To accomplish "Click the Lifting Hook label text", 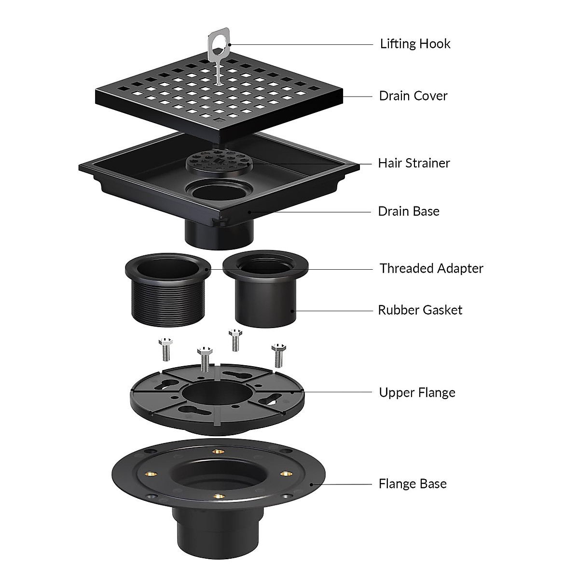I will tap(415, 44).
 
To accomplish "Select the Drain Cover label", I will tap(413, 96).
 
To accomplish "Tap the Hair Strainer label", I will tap(414, 163).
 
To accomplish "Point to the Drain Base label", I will tap(408, 211).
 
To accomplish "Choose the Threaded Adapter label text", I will tap(431, 269).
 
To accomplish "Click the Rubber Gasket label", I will tap(420, 310).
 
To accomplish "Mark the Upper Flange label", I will tap(417, 393).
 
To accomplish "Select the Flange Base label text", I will tap(413, 484).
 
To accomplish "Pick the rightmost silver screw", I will tap(277, 355).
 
